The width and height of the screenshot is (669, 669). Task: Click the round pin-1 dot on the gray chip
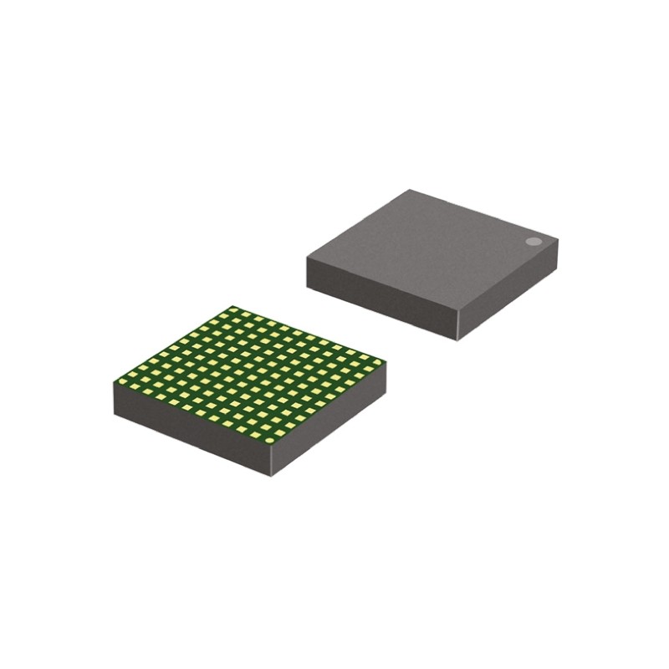[534, 242]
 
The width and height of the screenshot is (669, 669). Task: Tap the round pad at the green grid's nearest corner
[269, 440]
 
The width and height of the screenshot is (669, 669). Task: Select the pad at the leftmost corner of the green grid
[122, 381]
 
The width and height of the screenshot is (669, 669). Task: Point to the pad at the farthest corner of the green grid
[235, 311]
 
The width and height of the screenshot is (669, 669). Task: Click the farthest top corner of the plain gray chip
[409, 190]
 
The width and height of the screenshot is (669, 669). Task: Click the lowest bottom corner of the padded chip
[271, 476]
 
